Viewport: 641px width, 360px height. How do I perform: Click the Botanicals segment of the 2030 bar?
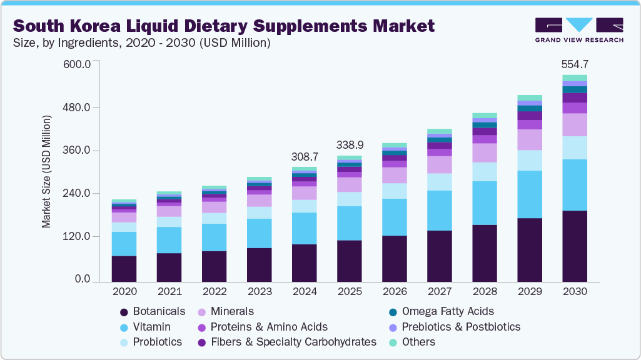pos(575,246)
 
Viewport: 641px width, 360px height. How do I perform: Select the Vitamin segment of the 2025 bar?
pos(349,223)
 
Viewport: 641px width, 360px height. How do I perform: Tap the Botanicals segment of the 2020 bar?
pos(124,269)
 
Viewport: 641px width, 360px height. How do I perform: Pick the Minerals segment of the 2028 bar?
pos(485,152)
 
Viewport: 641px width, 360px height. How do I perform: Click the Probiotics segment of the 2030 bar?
pos(575,147)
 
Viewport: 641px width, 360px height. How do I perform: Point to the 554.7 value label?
pos(575,64)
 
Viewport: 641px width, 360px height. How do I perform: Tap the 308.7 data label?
pos(305,156)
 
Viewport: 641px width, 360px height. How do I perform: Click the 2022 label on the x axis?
pos(214,292)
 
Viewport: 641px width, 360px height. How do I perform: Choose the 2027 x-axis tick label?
pos(440,292)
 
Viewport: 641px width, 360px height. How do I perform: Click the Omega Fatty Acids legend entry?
pos(447,311)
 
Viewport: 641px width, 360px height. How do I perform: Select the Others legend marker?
pos(392,342)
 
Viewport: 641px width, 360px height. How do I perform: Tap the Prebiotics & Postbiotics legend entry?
pos(460,327)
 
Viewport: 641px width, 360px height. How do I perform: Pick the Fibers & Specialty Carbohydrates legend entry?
pos(293,342)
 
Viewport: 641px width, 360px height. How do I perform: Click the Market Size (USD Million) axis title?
pos(47,171)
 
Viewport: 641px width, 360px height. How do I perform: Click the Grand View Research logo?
pos(578,29)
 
